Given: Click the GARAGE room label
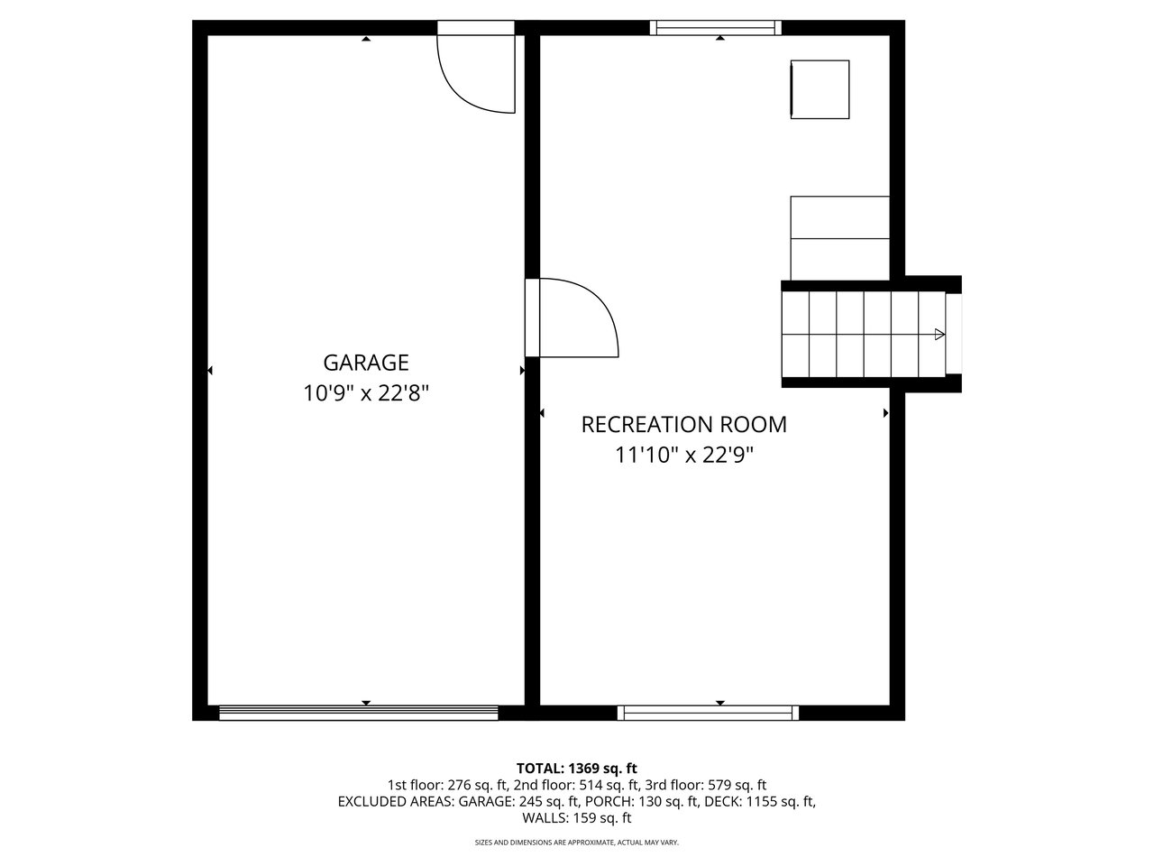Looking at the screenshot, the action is [x=366, y=363].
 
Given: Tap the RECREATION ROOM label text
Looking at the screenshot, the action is [x=684, y=424].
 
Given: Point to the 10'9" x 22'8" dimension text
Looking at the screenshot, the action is [x=366, y=392].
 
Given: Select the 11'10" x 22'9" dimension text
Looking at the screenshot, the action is [x=684, y=455].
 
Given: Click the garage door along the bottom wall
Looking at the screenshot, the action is [x=359, y=713].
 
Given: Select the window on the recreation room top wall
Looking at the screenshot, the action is [x=716, y=28].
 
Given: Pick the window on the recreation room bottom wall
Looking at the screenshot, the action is [x=708, y=713].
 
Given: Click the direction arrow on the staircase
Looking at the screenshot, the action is [x=939, y=334].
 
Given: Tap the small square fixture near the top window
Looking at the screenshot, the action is [x=820, y=89].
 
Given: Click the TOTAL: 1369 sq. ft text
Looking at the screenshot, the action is [x=577, y=769].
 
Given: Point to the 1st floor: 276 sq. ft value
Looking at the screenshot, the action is [x=448, y=785].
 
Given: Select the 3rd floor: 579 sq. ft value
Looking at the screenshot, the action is [x=706, y=785].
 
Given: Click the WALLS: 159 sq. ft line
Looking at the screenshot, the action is [x=577, y=817].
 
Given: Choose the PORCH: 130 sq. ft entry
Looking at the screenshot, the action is [x=641, y=801].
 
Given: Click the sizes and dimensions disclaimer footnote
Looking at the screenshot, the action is [x=577, y=843].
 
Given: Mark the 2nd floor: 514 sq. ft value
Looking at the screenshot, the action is [x=577, y=785].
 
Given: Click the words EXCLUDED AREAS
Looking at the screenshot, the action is [x=396, y=801].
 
